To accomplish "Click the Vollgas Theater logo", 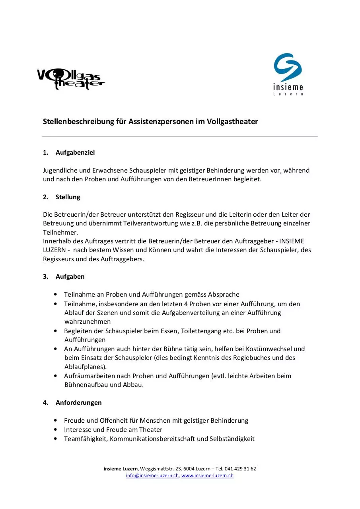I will click(x=70, y=79).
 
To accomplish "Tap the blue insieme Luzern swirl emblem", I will click(x=288, y=68).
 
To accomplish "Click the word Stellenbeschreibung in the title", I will click(x=74, y=122).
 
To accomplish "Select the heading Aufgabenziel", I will click(x=75, y=152).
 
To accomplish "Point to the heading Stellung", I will click(x=68, y=197).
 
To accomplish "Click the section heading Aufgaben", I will click(x=70, y=276).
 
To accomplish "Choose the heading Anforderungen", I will click(x=79, y=402).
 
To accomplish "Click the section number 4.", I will click(x=45, y=402).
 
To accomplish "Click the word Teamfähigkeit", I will click(x=85, y=439).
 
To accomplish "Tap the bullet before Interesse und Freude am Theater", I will click(x=55, y=429).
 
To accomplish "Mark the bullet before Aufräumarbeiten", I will click(x=55, y=376).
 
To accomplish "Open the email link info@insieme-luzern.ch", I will click(x=152, y=476).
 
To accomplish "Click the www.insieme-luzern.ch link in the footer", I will click(x=207, y=476).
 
